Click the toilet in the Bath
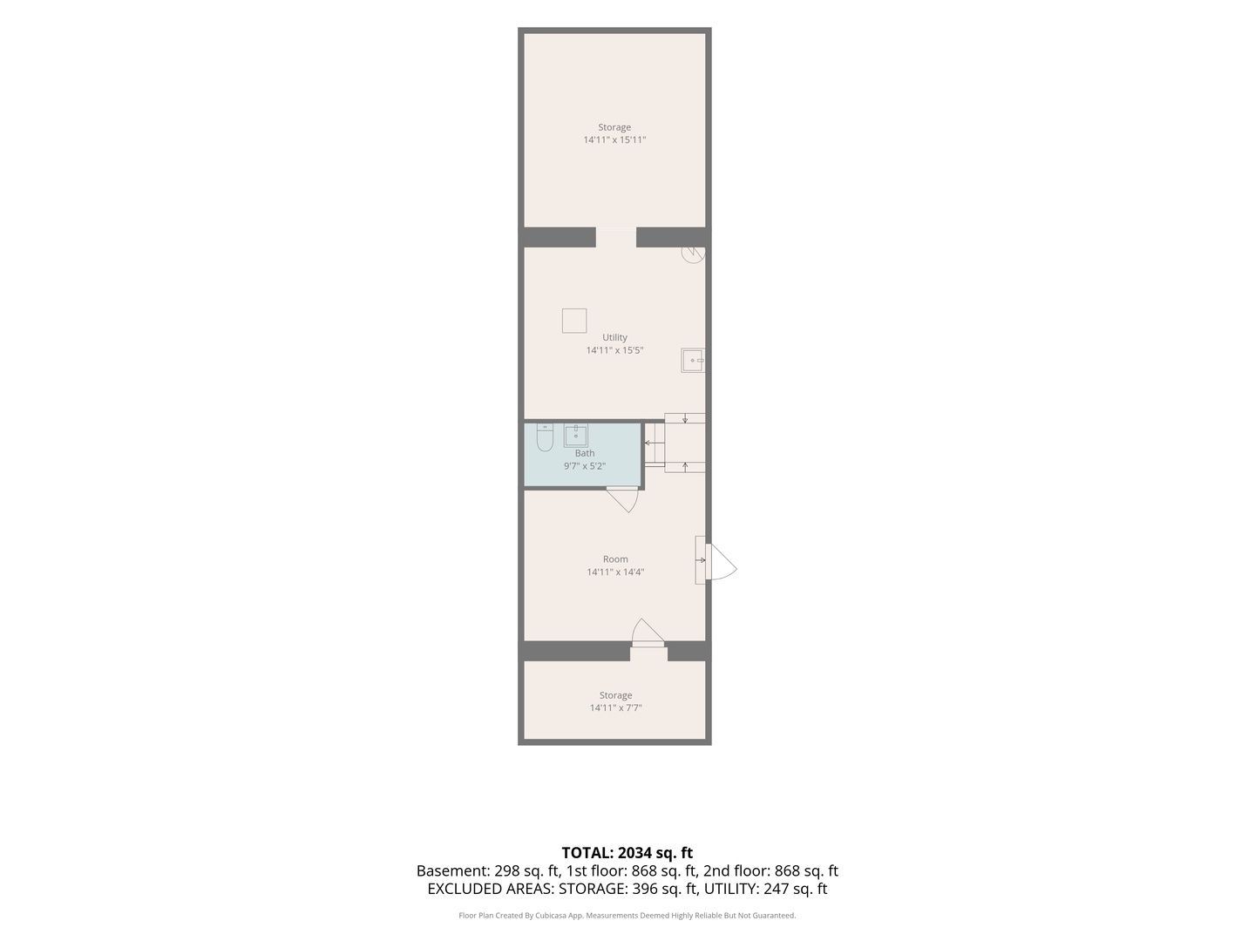point(545,437)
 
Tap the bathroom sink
point(575,436)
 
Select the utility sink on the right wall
point(692,361)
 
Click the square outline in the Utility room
point(574,321)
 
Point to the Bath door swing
point(622,499)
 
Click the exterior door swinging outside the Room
point(722,562)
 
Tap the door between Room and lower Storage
point(648,633)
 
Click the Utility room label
point(614,338)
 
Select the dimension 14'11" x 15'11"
point(614,140)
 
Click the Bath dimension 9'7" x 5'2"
point(584,465)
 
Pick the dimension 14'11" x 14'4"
point(615,572)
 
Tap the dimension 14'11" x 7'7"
point(616,707)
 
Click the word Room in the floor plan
point(615,559)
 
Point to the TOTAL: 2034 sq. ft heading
point(627,853)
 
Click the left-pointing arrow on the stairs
point(651,443)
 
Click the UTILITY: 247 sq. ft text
point(765,889)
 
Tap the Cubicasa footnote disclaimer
point(627,916)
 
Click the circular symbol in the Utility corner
point(693,254)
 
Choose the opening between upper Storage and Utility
point(616,237)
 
